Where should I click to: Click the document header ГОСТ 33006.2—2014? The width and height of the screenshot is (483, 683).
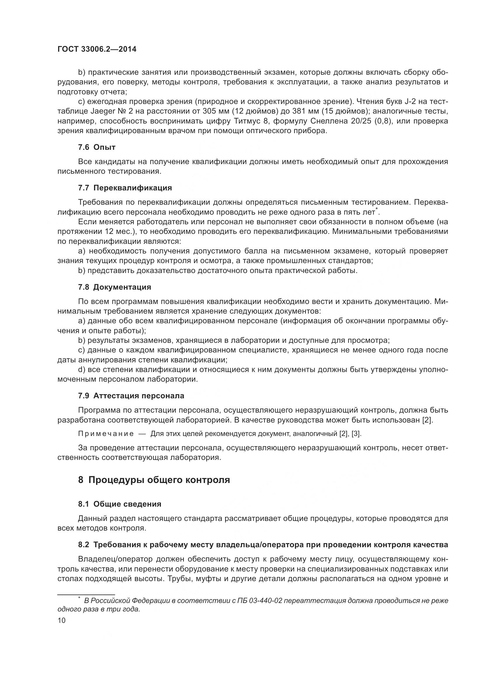point(97,49)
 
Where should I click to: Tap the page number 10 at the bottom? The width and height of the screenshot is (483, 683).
point(62,620)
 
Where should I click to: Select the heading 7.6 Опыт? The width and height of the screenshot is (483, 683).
point(97,147)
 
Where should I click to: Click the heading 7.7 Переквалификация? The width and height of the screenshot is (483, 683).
point(125,188)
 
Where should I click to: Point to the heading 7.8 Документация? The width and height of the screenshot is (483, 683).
point(114,287)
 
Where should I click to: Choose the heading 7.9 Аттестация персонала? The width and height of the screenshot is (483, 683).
point(131,396)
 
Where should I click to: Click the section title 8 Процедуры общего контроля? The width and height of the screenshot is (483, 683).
point(154,480)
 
